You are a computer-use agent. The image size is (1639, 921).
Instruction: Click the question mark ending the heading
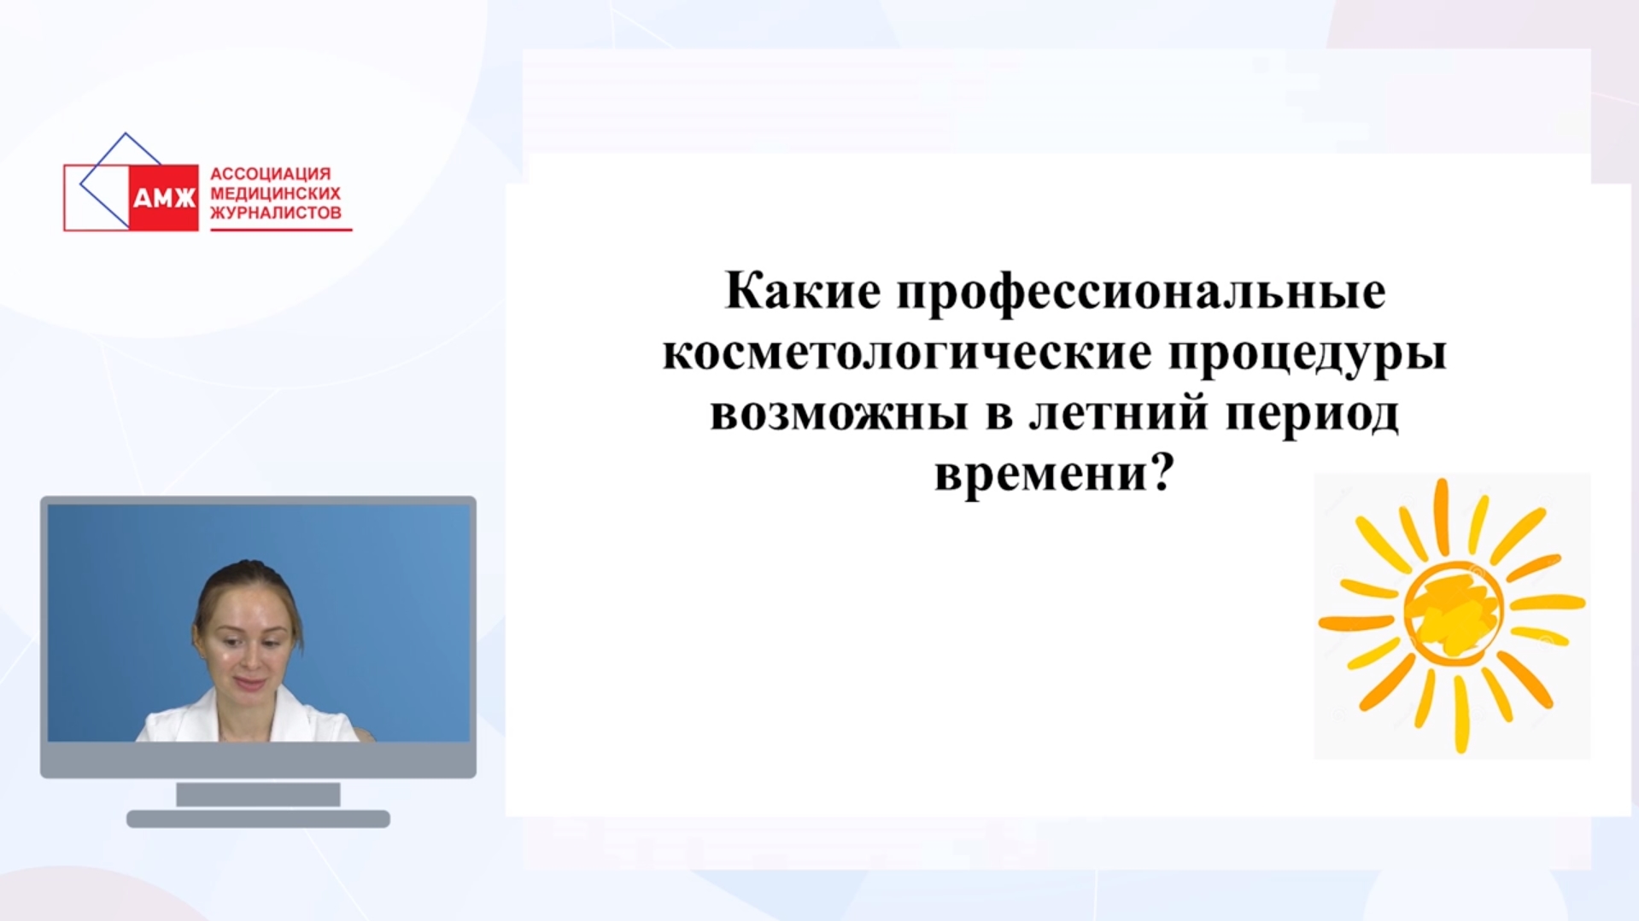pyautogui.click(x=1163, y=472)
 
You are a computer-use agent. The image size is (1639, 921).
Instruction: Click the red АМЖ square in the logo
pyautogui.click(x=163, y=197)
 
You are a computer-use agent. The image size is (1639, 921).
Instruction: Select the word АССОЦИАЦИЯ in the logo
pyautogui.click(x=270, y=174)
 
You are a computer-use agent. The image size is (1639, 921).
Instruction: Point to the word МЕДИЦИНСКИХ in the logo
pyautogui.click(x=275, y=194)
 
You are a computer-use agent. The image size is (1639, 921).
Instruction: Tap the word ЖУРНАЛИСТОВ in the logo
pyautogui.click(x=276, y=213)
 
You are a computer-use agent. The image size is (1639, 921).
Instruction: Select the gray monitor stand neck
pyautogui.click(x=258, y=795)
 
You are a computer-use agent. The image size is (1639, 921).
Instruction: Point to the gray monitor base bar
pyautogui.click(x=258, y=819)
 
